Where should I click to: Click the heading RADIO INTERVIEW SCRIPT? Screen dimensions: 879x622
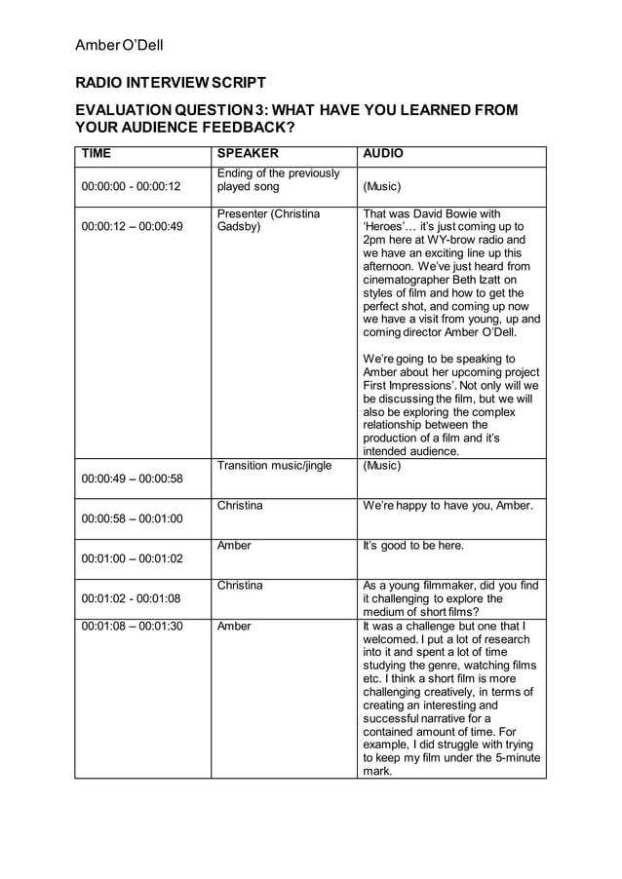[x=171, y=83]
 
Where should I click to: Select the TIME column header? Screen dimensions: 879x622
[x=96, y=154]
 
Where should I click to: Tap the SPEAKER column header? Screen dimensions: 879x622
[x=248, y=154]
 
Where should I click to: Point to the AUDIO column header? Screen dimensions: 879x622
[x=383, y=154]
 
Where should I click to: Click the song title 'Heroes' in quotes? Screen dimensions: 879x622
[x=390, y=227]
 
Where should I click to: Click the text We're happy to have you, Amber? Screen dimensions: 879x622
[x=447, y=506]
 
